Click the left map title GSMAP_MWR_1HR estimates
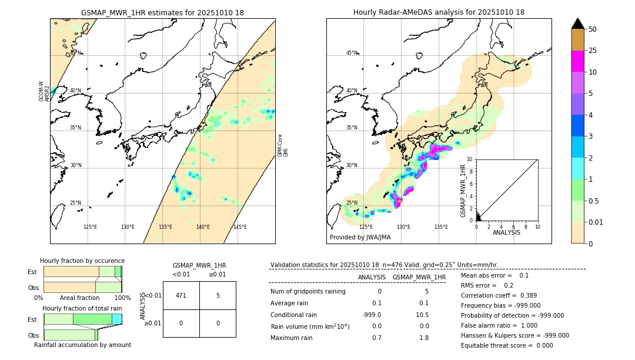pos(162,12)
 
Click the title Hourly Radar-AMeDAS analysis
pos(439,12)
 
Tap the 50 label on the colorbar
pos(593,29)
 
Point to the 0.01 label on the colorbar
pos(597,222)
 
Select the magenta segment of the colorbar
pos(577,61)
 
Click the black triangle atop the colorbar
pos(577,24)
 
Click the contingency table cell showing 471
pos(181,295)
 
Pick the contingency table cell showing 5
pos(218,295)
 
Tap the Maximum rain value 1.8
pos(424,338)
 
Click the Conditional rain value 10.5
pos(423,314)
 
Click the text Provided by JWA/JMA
pos(360,237)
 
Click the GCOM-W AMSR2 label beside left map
pos(44,91)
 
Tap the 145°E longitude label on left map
pos(240,227)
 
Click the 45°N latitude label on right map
pos(352,53)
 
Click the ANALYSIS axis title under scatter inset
pos(506,232)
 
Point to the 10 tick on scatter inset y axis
pos(470,159)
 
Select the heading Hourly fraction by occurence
pos(82,261)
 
